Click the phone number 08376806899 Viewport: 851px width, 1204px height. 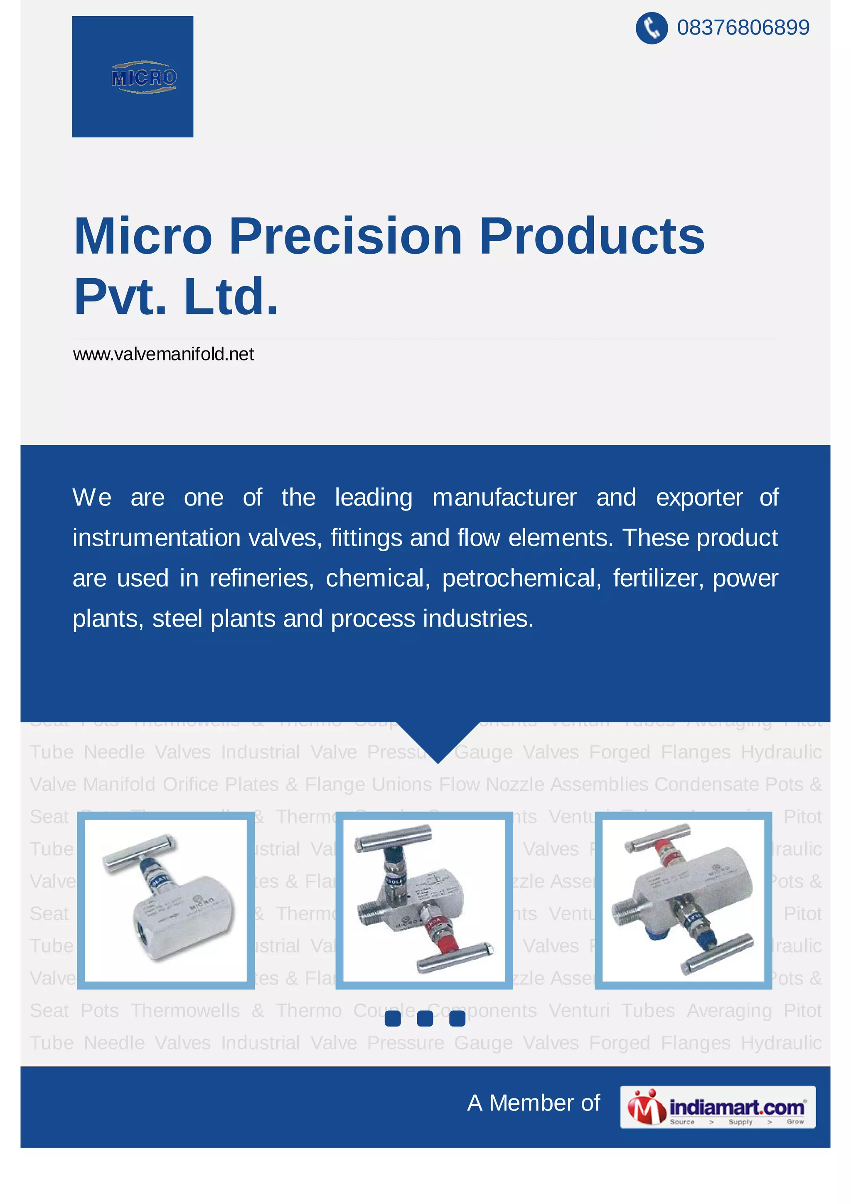point(743,27)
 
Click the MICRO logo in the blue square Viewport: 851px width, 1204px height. point(144,77)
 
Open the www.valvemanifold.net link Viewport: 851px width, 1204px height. point(163,355)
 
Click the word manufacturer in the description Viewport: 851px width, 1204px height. point(504,497)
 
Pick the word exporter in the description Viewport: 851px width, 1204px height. point(699,497)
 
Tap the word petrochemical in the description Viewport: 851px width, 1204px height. point(521,578)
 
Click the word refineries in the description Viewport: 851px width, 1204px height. point(261,578)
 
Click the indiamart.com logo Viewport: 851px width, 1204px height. point(717,1107)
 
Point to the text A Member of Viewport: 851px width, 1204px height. point(534,1103)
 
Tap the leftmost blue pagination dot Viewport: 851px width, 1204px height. point(393,1018)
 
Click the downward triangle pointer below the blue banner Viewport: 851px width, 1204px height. point(438,739)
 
